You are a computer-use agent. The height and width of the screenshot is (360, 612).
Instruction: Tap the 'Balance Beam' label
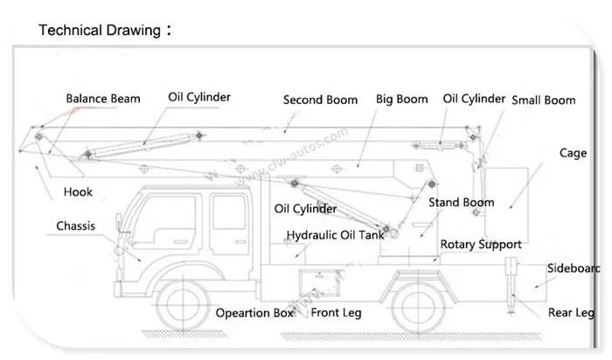click(102, 99)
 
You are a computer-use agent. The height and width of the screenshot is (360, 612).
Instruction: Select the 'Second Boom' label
click(320, 100)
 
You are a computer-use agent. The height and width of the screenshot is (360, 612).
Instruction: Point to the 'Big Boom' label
click(401, 99)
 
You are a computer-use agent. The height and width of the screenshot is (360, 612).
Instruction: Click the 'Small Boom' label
click(543, 100)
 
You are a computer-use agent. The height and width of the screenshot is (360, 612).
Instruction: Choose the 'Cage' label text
click(573, 153)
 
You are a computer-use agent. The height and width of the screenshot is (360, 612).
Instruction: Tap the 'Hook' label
click(78, 192)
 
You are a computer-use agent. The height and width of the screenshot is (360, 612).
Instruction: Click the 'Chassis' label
click(75, 225)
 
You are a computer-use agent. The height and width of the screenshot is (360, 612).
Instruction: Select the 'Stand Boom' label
click(461, 203)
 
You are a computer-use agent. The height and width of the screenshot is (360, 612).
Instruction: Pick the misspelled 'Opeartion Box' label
click(254, 312)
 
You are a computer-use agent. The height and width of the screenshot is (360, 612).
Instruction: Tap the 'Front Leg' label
click(336, 312)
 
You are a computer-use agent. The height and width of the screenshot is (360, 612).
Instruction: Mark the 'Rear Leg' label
click(570, 312)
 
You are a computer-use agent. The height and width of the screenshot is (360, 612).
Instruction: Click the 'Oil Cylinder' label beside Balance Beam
click(199, 97)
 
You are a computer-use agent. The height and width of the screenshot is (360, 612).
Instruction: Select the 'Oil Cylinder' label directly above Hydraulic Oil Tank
click(305, 209)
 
